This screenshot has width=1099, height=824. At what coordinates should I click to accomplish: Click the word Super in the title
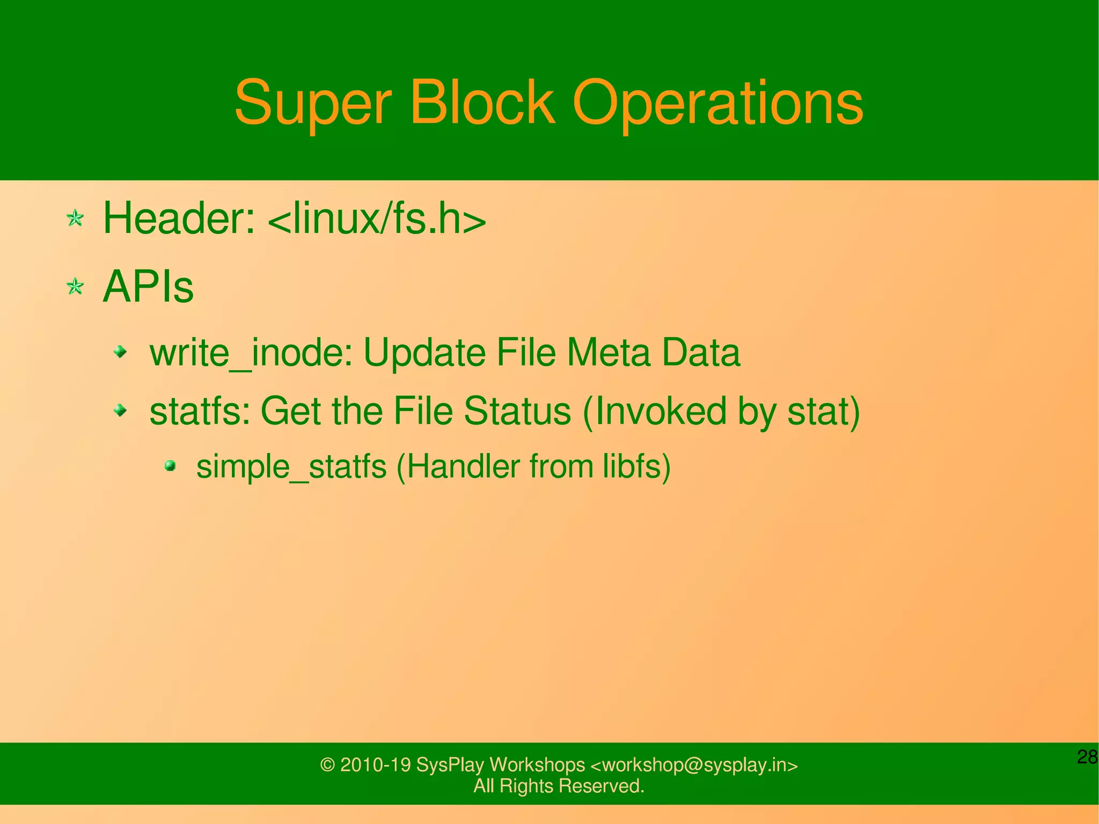313,103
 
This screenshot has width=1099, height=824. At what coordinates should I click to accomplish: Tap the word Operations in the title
717,103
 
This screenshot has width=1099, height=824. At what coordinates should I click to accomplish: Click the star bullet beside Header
75,218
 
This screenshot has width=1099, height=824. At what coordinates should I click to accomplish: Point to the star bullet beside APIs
75,287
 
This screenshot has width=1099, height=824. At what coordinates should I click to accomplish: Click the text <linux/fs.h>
376,219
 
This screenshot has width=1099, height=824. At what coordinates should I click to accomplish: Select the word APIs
148,287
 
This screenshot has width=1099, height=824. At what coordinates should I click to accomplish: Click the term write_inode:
251,353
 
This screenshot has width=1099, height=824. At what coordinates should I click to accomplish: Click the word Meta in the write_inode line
607,353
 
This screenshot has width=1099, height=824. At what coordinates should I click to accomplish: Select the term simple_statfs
291,466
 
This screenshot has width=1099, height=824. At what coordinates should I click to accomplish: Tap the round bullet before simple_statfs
170,465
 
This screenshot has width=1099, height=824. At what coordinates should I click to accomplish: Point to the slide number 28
1087,757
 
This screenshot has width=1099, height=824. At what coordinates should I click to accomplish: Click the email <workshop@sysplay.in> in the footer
694,764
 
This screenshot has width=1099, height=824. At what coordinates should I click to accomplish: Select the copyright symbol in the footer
327,765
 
